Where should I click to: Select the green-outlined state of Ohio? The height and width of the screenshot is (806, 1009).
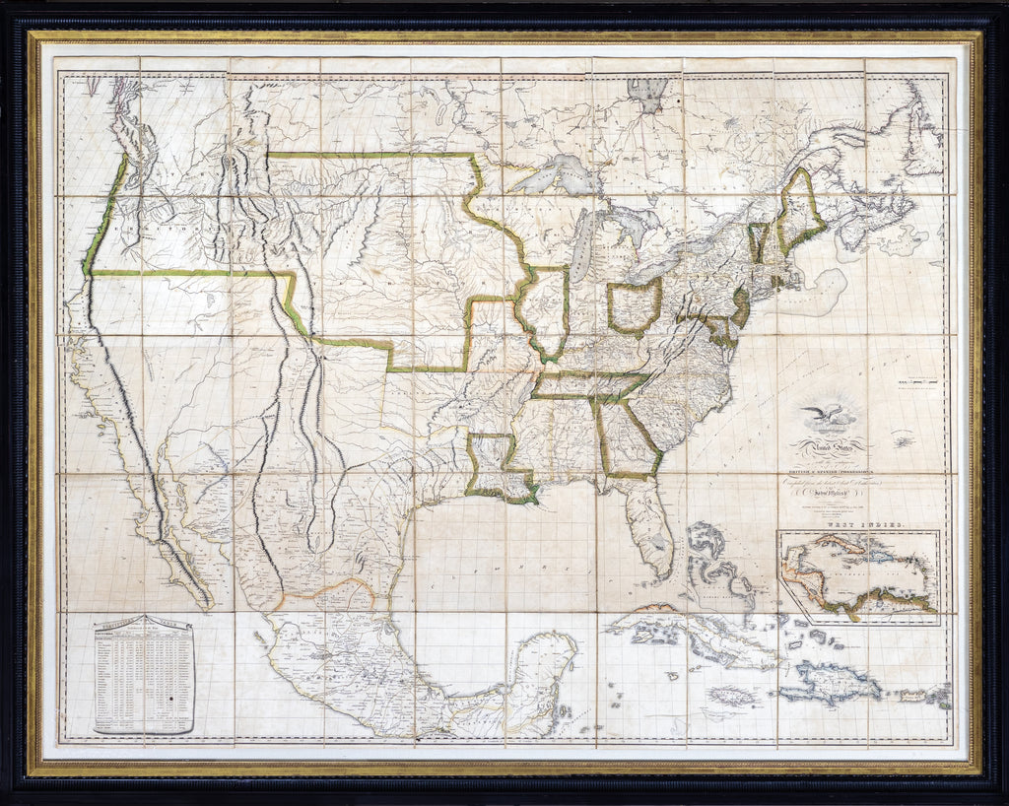[x=634, y=307]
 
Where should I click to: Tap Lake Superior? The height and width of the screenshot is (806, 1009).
[x=557, y=174]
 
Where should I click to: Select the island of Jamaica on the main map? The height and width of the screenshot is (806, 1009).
[x=734, y=695]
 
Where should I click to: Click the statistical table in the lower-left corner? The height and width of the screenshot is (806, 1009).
[x=145, y=675]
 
